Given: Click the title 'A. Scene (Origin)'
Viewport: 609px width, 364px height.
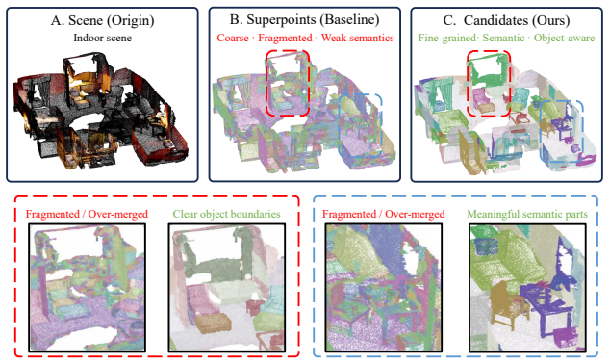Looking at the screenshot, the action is click(x=103, y=20).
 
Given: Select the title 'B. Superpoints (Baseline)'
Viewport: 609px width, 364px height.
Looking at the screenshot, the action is click(x=304, y=19).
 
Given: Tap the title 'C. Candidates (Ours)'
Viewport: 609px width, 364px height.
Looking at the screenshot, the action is click(x=506, y=20).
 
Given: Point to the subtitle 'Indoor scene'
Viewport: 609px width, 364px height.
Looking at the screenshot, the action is click(x=103, y=38).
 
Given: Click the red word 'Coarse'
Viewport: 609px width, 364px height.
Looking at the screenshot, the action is click(x=233, y=38).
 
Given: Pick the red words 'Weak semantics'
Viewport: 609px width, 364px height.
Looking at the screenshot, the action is click(x=358, y=38).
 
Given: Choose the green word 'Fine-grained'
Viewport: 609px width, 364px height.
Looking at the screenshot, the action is click(x=447, y=39).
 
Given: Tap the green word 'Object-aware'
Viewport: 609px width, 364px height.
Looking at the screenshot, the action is click(x=564, y=39).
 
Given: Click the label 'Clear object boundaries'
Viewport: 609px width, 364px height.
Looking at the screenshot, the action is click(x=226, y=215).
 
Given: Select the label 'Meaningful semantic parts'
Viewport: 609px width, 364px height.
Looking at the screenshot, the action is click(x=527, y=215).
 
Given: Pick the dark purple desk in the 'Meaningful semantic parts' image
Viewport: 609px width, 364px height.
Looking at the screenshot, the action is click(x=544, y=302).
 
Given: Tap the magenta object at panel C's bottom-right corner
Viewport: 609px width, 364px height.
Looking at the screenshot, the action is click(x=586, y=159).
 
